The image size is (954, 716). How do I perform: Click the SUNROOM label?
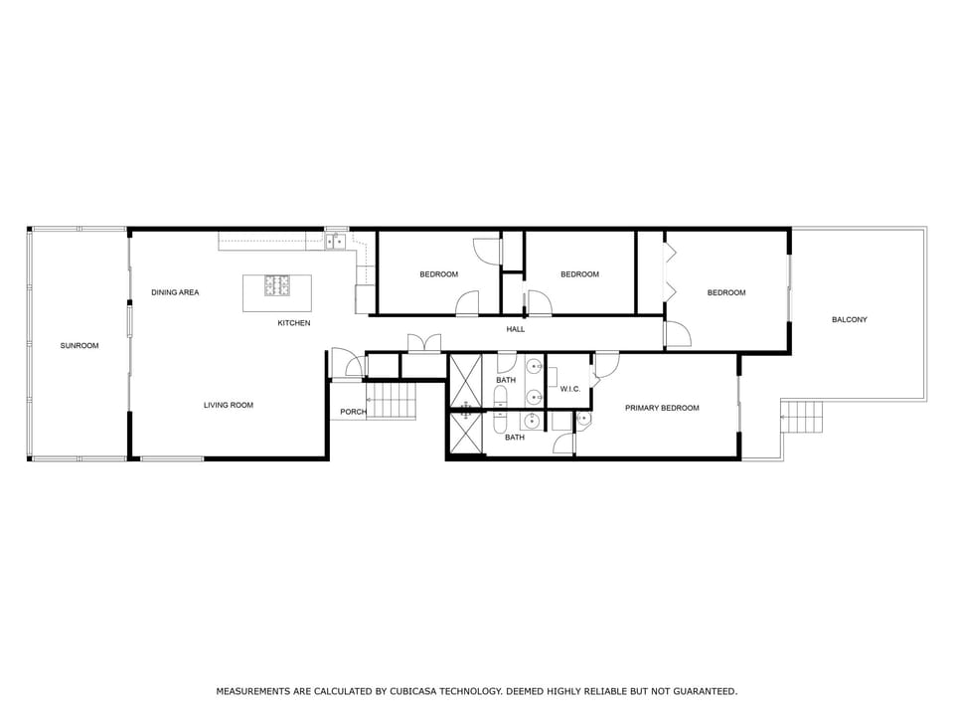point(79,345)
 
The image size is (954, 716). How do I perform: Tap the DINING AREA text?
point(175,292)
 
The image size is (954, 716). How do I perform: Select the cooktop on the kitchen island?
point(277,286)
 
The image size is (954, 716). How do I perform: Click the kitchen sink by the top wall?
point(336,240)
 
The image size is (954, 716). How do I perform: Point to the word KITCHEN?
point(293,323)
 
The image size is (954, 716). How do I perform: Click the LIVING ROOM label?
point(229,405)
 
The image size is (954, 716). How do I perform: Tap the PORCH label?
point(353,412)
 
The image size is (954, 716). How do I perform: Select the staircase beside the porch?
point(392,402)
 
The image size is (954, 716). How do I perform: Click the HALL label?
point(516,329)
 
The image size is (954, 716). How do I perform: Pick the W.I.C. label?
point(569,389)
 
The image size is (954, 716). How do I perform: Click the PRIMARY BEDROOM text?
point(662,408)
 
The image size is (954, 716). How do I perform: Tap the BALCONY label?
point(850,319)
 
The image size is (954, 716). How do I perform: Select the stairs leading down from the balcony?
point(803,417)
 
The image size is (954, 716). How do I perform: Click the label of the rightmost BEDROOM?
point(726,292)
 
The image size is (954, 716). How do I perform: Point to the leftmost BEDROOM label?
point(438,274)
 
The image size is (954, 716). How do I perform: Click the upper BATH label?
point(507,380)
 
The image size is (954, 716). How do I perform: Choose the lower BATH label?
point(515,437)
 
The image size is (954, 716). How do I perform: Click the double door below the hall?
point(424,345)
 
